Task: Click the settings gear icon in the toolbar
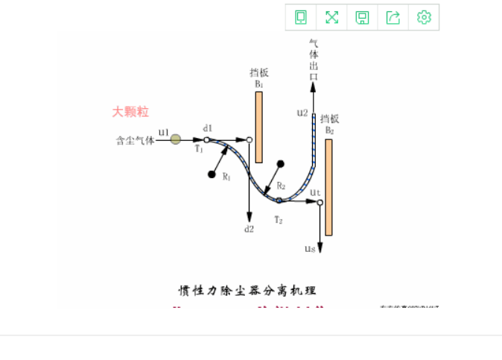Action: point(424,17)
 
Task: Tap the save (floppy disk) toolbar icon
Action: point(363,17)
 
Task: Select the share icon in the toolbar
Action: point(394,17)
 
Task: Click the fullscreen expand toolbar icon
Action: point(332,17)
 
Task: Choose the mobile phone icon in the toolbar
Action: point(302,17)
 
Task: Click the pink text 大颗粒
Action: point(130,112)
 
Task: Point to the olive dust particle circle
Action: point(175,139)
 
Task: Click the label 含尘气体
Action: point(135,139)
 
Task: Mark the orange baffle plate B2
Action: point(328,186)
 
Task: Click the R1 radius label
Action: point(226,177)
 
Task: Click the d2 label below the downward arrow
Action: point(249,229)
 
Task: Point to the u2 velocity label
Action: point(302,113)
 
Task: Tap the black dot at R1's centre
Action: point(212,175)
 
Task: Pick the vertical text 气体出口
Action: point(314,60)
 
